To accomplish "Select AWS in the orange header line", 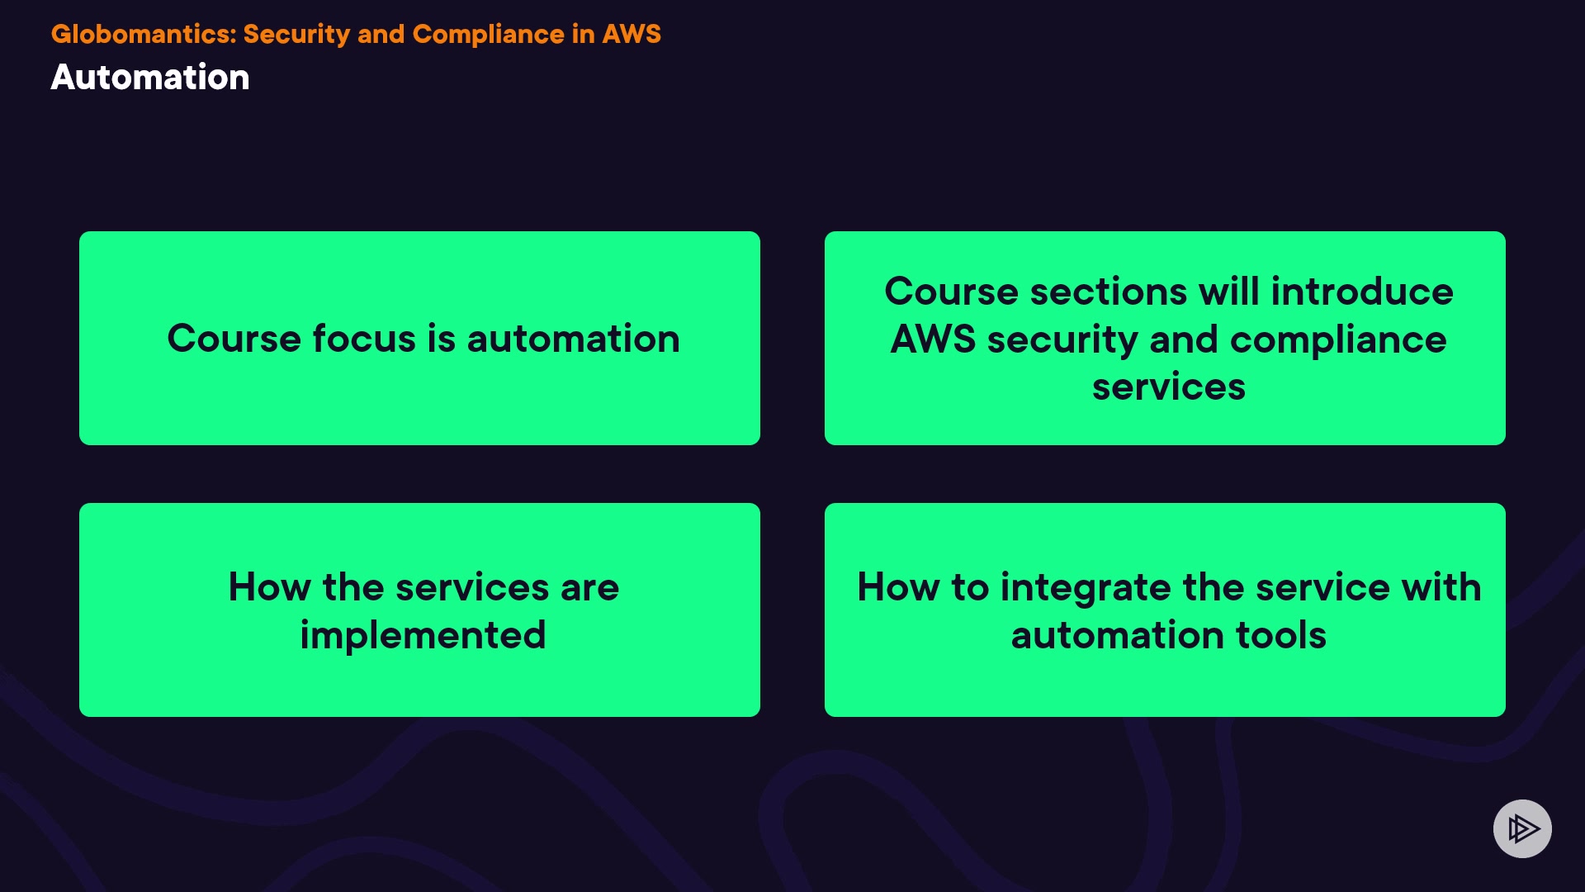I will [x=632, y=34].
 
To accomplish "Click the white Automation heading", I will [x=150, y=78].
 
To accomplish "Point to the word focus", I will [x=363, y=339].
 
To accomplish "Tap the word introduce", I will [x=1362, y=292].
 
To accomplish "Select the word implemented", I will [x=423, y=635].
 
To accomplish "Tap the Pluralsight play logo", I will [x=1522, y=828].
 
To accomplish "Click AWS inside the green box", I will [x=933, y=339].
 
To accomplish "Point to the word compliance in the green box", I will [x=1338, y=339].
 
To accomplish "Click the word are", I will [x=589, y=587].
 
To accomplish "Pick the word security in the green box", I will [x=1062, y=339].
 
